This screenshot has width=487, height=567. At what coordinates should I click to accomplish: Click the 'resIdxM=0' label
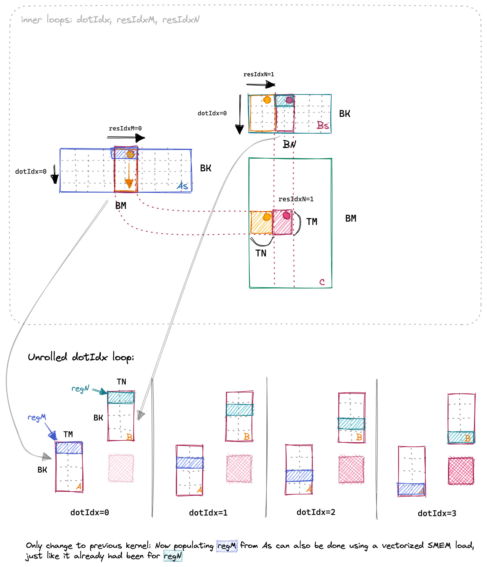click(125, 128)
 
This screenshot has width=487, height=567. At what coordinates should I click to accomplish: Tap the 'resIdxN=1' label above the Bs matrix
click(258, 74)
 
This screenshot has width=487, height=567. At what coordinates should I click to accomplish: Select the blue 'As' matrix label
click(183, 186)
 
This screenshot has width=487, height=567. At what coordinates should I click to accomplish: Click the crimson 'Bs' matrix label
click(323, 125)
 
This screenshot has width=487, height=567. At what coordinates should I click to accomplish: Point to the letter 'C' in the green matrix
click(322, 282)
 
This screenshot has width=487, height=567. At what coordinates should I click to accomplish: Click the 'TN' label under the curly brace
click(261, 253)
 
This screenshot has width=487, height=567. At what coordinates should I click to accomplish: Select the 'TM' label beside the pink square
click(312, 222)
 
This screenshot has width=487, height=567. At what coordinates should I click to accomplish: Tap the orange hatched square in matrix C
click(261, 223)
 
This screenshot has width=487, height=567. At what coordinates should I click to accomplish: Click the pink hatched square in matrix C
click(282, 223)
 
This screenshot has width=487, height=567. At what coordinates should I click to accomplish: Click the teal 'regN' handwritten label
click(80, 388)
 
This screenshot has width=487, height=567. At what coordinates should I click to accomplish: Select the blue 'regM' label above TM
click(37, 417)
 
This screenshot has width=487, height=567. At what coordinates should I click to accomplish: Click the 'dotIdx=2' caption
click(316, 512)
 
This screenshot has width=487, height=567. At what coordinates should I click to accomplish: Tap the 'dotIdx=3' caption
click(437, 513)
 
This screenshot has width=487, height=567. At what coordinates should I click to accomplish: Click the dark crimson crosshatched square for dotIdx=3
click(461, 471)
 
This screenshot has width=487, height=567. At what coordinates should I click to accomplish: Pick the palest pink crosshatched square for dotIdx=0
click(121, 468)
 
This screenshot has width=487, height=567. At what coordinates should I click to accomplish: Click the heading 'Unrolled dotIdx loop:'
click(81, 357)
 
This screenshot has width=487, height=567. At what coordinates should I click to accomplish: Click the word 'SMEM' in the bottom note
click(439, 545)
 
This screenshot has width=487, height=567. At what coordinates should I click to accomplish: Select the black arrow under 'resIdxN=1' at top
click(261, 84)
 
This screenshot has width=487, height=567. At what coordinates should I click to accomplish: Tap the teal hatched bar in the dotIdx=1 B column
click(239, 410)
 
